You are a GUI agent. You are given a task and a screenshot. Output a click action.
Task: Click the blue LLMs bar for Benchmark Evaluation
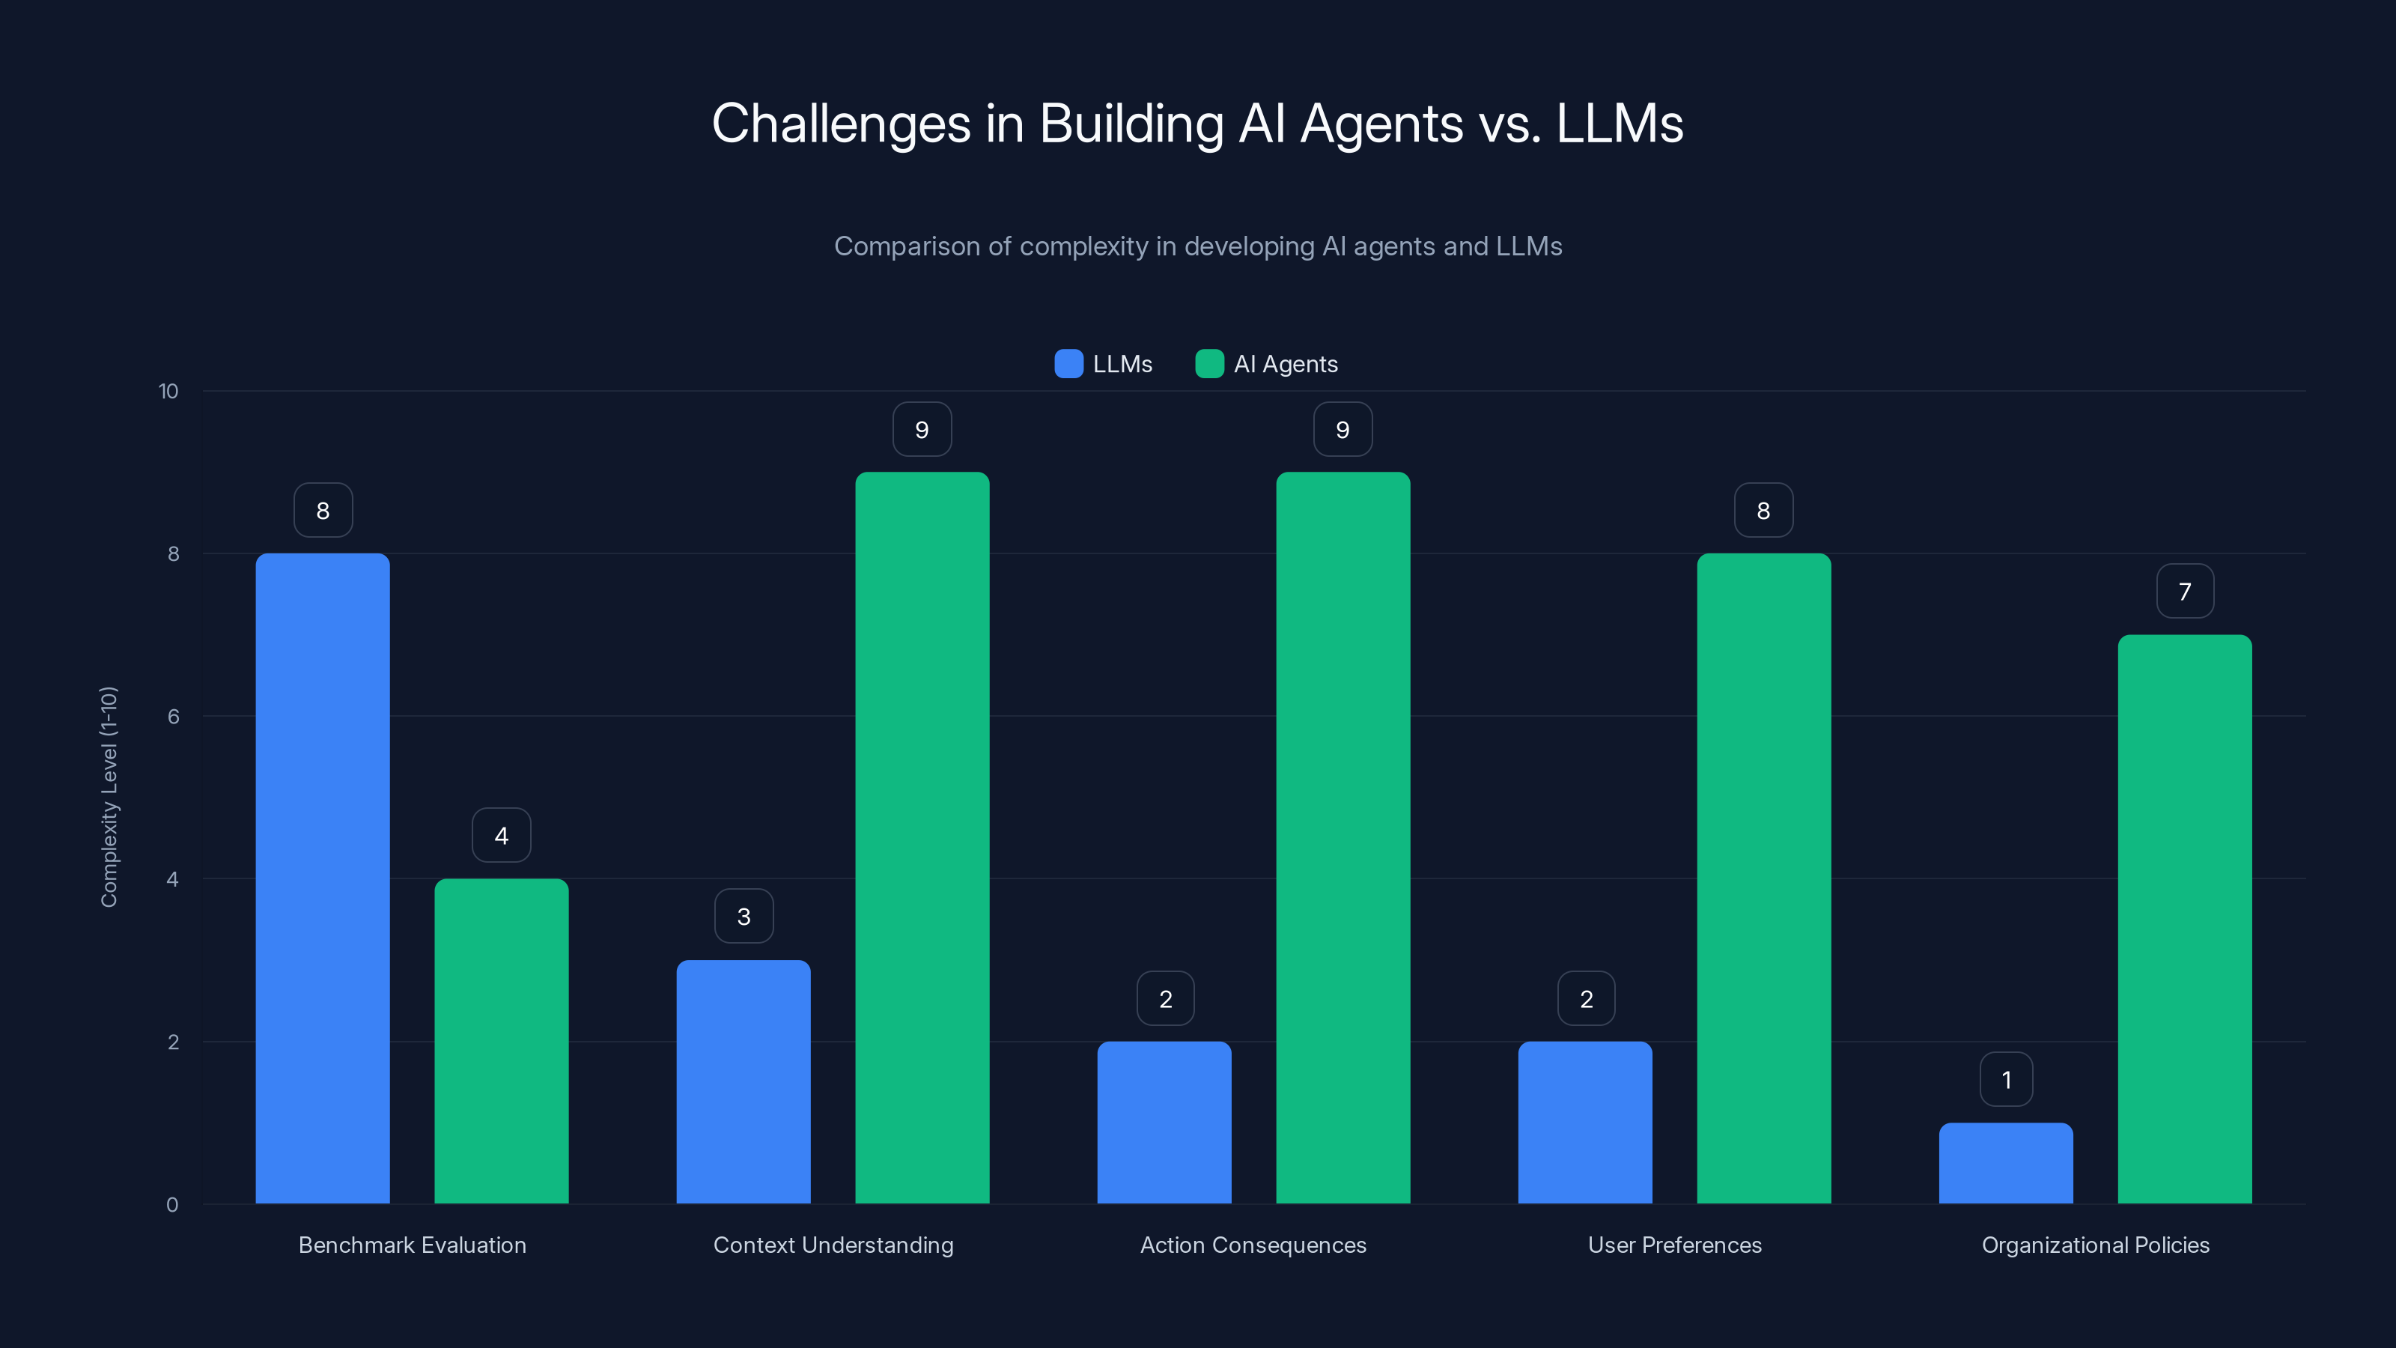(x=323, y=878)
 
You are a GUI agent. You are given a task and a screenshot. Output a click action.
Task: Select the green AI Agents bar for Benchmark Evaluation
(x=502, y=1041)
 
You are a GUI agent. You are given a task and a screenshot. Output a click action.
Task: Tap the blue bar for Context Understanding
(x=744, y=1082)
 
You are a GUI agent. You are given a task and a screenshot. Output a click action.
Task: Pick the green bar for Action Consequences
(x=1343, y=837)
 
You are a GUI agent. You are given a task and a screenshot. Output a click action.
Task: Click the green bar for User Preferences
(x=1763, y=878)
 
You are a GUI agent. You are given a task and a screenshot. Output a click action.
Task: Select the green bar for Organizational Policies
(x=2184, y=919)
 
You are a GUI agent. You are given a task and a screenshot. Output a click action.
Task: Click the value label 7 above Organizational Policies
(x=2184, y=591)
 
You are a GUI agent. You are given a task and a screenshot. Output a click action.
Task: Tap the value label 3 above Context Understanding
(x=744, y=917)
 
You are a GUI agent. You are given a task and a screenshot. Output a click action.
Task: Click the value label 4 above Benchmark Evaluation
(x=502, y=836)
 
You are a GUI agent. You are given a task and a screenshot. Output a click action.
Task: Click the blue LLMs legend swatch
(x=1068, y=364)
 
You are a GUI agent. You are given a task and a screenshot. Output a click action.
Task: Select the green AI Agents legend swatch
(x=1209, y=364)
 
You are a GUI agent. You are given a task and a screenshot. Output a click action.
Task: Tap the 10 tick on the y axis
(x=168, y=391)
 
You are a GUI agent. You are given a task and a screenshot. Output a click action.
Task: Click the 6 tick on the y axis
(x=173, y=717)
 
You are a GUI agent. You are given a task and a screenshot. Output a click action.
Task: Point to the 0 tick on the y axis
(x=172, y=1205)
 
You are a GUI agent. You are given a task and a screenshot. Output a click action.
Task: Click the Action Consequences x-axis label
(x=1253, y=1245)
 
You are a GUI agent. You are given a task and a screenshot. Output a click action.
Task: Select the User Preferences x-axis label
(x=1674, y=1245)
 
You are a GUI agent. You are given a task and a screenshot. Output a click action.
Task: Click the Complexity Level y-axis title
(x=109, y=796)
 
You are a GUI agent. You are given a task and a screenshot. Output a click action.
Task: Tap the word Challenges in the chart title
(x=841, y=124)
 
